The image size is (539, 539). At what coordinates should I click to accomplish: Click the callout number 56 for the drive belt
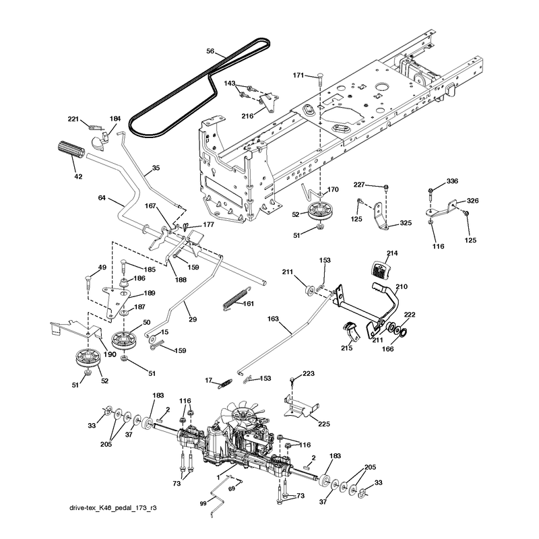(x=210, y=51)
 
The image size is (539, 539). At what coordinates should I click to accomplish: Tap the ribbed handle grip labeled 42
(x=71, y=150)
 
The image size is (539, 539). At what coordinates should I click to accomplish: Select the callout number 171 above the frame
(x=298, y=75)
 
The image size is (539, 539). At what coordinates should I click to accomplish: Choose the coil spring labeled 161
(x=235, y=298)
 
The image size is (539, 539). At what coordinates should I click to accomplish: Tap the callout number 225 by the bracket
(x=324, y=424)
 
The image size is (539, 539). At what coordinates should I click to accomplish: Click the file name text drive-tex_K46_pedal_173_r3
(x=113, y=508)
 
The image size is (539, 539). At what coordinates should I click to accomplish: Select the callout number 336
(x=452, y=181)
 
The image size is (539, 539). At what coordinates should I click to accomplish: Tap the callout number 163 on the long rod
(x=273, y=319)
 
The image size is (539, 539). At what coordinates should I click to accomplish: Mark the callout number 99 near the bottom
(x=203, y=503)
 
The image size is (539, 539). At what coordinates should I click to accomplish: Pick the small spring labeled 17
(x=225, y=383)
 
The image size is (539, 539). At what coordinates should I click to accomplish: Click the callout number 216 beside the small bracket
(x=247, y=116)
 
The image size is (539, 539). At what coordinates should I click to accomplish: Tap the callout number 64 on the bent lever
(x=102, y=198)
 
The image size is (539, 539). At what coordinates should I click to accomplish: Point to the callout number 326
(x=473, y=200)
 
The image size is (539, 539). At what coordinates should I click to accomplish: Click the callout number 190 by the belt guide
(x=110, y=354)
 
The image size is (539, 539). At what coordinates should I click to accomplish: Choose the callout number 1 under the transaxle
(x=218, y=478)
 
